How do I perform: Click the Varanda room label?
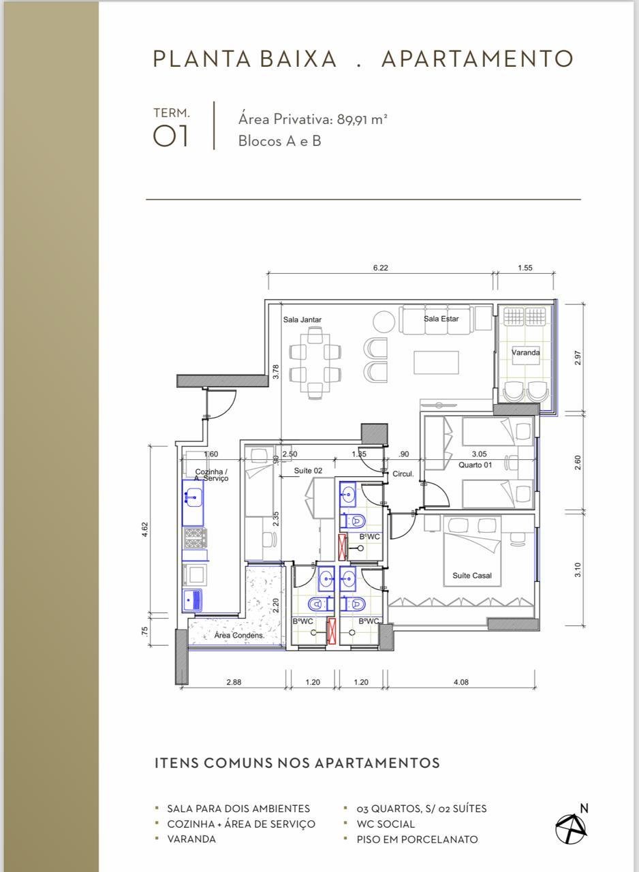click(x=525, y=352)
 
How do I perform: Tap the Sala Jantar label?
click(x=302, y=320)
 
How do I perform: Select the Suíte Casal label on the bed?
click(x=471, y=576)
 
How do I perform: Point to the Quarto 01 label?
click(x=475, y=465)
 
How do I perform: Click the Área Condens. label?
click(x=239, y=636)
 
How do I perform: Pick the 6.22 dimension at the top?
click(x=380, y=268)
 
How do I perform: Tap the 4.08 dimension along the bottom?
click(x=461, y=682)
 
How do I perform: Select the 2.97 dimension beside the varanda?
click(x=578, y=358)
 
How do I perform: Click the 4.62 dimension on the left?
click(x=145, y=530)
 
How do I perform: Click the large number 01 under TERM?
click(x=170, y=136)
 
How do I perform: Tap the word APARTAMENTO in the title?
click(x=477, y=59)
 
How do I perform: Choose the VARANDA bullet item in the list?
click(x=191, y=839)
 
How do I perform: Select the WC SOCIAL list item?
click(x=386, y=824)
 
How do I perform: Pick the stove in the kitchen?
click(x=196, y=538)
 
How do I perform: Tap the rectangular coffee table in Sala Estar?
click(x=436, y=362)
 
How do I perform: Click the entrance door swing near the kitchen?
click(x=221, y=404)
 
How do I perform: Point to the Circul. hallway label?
click(x=403, y=474)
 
